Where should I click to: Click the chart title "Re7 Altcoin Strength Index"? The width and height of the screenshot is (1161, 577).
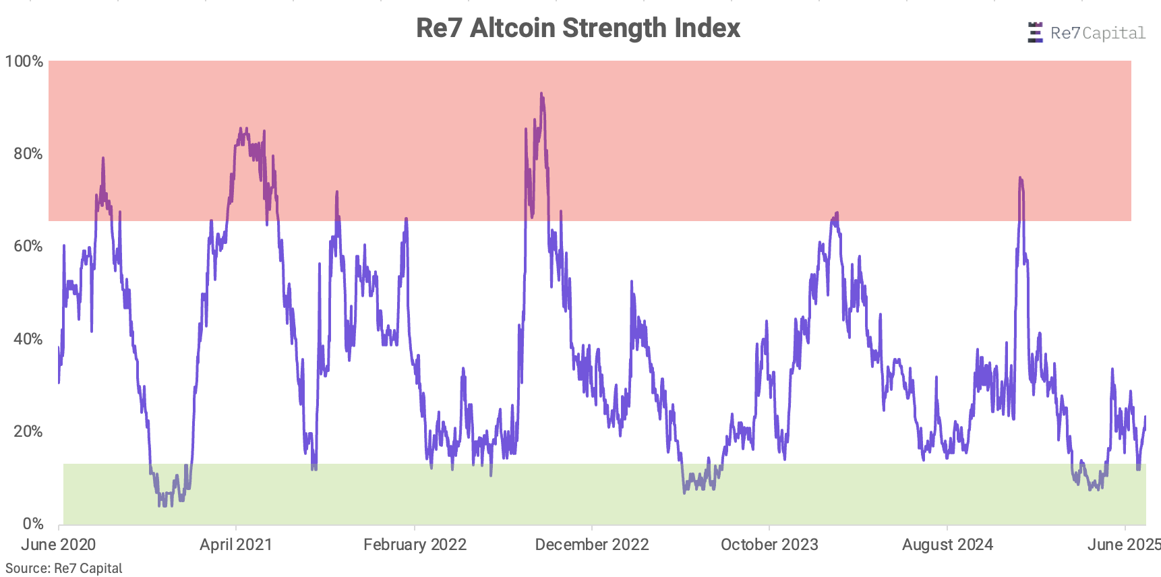578,28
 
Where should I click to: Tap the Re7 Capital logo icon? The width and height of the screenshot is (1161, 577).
1034,32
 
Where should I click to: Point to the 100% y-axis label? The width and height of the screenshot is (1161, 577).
24,61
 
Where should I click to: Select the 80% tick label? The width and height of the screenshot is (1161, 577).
28,154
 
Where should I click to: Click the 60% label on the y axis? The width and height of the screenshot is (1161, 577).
28,246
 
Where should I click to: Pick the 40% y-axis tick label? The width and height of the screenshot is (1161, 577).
28,339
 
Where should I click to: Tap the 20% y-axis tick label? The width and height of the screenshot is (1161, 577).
28,431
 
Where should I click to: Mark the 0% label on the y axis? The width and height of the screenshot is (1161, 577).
32,524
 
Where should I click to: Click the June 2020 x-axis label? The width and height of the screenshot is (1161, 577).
58,545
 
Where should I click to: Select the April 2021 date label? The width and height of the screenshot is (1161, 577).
235,545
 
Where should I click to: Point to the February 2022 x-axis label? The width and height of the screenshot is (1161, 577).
415,545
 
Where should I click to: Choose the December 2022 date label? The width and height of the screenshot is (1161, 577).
592,545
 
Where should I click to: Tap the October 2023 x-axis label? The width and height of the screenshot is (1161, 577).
769,545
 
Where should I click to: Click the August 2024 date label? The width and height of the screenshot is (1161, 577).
947,545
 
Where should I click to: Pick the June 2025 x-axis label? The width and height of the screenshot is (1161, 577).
1123,545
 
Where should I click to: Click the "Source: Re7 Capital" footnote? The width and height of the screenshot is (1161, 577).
64,568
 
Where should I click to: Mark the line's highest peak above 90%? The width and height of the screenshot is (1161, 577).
541,94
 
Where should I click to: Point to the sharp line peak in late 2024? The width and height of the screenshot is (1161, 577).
1020,178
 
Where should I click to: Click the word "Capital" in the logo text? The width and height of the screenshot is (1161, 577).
1113,33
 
